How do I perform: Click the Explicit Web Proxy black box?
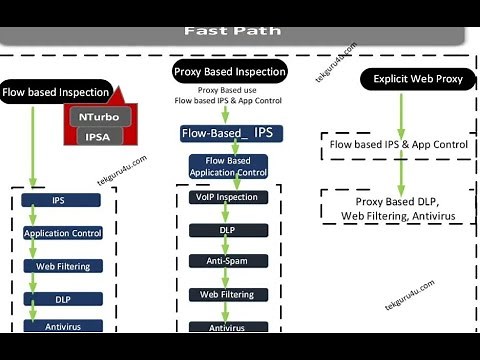tap(417, 78)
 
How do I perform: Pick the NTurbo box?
tap(99, 116)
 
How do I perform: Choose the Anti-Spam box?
tap(226, 262)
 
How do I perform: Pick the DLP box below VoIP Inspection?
tap(226, 230)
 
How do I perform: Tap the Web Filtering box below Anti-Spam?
tap(226, 294)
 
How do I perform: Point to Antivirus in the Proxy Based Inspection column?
tap(226, 327)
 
